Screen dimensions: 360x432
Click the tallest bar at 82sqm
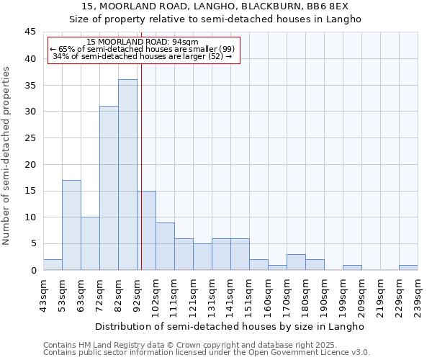coord(127,175)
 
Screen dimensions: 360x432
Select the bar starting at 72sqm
coord(109,188)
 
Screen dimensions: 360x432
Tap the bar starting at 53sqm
coord(71,225)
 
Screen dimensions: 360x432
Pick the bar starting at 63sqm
coord(90,243)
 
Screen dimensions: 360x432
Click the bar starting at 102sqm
coord(165,246)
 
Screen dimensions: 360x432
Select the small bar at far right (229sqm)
coord(408,267)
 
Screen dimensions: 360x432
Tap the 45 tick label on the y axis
coord(30,32)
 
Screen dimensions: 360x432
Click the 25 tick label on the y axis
coord(30,138)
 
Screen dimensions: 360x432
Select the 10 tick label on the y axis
coord(30,217)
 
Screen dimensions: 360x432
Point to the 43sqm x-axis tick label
coord(43,295)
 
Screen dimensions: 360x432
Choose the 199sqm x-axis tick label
coord(343,295)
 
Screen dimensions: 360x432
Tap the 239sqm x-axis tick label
coord(418,295)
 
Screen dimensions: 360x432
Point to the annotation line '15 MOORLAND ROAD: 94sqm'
coord(143,42)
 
